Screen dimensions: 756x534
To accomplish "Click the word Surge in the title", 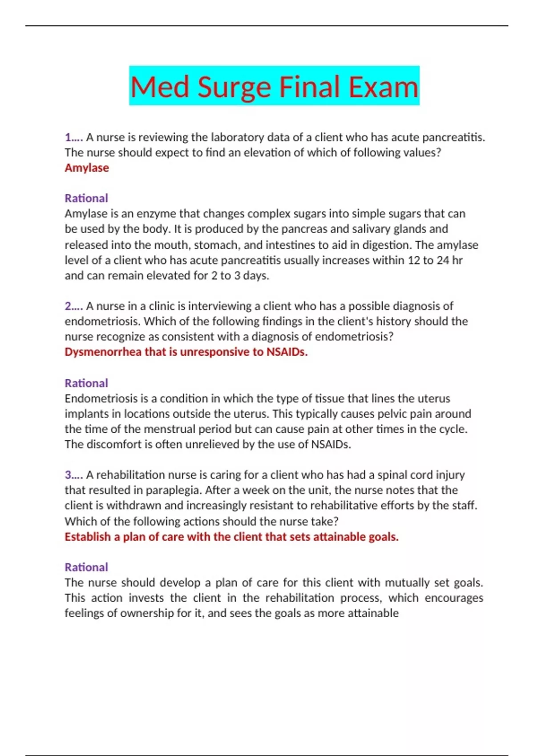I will click(x=234, y=87).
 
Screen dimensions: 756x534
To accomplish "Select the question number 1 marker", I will click(x=73, y=137).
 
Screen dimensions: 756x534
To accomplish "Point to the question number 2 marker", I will click(x=73, y=306).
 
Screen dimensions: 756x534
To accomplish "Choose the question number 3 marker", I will click(x=73, y=475).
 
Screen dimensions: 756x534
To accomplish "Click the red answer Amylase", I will click(x=87, y=168).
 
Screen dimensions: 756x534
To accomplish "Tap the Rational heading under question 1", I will click(x=86, y=198).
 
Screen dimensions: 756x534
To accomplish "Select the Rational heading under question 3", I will click(x=86, y=567).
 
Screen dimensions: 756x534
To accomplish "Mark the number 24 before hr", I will click(x=443, y=260).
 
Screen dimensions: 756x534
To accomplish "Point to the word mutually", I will click(x=407, y=583).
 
